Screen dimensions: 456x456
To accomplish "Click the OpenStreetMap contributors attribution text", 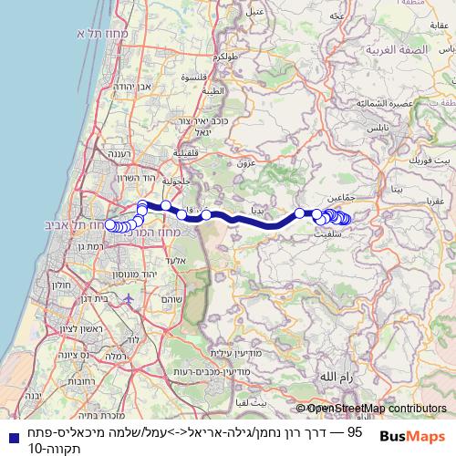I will [x=377, y=409].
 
